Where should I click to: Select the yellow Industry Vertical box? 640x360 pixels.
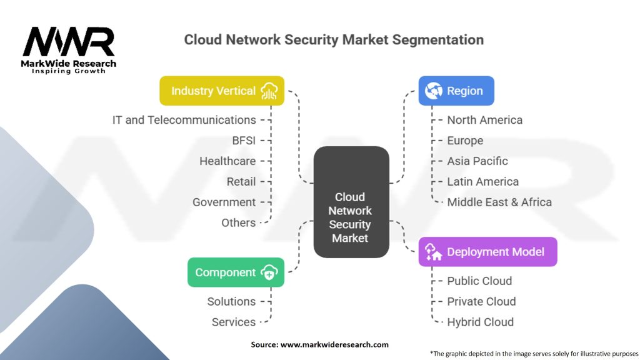222,91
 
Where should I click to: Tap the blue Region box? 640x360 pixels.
456,91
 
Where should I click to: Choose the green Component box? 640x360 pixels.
236,272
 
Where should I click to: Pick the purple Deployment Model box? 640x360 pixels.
487,252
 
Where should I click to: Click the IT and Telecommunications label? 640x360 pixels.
184,119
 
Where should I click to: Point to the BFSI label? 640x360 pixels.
244,140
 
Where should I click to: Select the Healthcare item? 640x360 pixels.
227,161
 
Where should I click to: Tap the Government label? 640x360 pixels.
224,202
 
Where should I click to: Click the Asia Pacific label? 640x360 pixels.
477,161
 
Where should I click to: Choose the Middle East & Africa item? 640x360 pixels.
499,202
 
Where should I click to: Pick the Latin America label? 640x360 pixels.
482,181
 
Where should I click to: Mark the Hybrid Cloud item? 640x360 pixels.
480,322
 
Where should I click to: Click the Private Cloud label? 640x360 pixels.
481,301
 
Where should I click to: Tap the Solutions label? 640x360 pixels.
231,301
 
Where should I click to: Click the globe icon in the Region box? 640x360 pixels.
433,91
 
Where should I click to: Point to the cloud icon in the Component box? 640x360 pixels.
269,272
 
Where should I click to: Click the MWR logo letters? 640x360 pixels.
69,42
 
